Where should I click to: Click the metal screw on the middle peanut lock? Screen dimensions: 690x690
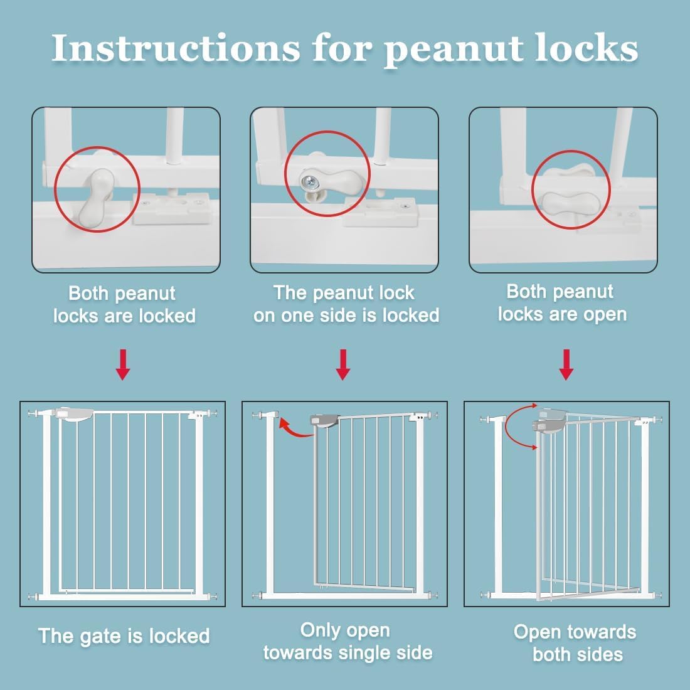tap(309, 181)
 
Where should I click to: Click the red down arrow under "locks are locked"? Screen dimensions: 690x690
tap(123, 365)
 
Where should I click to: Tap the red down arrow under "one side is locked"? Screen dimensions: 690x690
tap(342, 365)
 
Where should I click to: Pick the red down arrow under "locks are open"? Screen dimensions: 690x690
tap(566, 365)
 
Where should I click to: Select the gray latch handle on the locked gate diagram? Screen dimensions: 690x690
tap(75, 415)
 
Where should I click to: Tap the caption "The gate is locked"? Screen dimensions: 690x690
tap(124, 636)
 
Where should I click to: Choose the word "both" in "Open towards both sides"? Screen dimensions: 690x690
tap(554, 654)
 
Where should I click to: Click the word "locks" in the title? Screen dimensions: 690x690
tap(587, 48)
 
